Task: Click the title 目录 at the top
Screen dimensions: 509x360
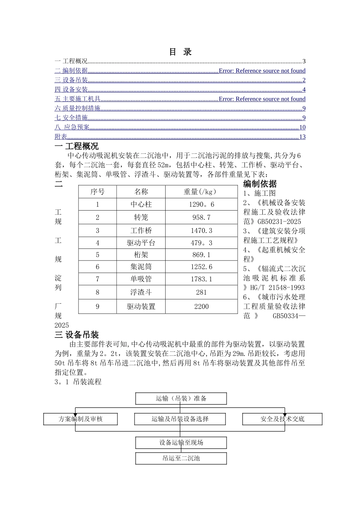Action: [180, 52]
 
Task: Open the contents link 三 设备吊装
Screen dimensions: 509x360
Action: [71, 80]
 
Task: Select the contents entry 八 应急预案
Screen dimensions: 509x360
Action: [72, 127]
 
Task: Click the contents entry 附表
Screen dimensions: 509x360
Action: [61, 137]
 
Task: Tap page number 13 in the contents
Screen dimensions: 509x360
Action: [302, 137]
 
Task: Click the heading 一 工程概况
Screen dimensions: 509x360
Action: [77, 146]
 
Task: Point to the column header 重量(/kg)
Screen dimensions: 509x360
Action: [201, 192]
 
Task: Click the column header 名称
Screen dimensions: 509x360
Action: [141, 192]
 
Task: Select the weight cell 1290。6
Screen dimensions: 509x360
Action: [201, 205]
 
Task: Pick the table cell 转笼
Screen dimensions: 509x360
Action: [141, 217]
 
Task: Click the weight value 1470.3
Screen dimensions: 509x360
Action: [201, 230]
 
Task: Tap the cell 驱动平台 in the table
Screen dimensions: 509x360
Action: [141, 243]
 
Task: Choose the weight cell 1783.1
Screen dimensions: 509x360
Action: [201, 279]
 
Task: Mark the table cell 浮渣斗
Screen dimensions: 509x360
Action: [141, 292]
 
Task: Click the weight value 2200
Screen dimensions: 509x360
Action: [201, 306]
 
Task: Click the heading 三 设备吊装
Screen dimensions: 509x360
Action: [77, 335]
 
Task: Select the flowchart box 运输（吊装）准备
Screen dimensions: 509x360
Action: [181, 398]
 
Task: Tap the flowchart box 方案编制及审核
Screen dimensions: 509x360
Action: [80, 419]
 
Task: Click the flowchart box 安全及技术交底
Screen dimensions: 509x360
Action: [282, 419]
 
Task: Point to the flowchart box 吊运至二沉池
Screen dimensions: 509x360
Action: [181, 458]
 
